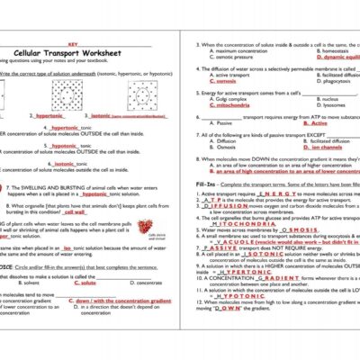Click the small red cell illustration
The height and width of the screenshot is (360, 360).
tap(161, 225)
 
